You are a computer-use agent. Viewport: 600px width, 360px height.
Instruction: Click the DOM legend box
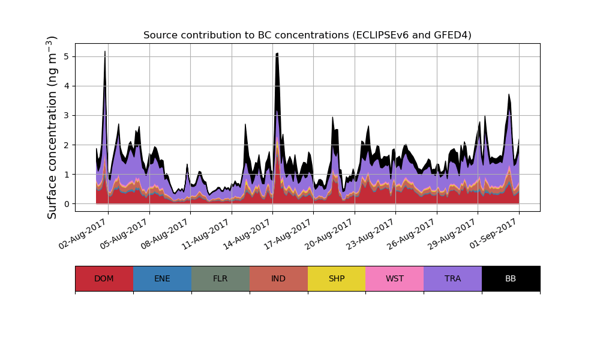[104, 278]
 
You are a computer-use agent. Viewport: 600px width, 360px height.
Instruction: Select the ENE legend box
[162, 278]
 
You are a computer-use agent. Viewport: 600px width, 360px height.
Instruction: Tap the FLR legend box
[220, 278]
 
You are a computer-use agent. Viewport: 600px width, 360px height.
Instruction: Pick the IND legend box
[278, 278]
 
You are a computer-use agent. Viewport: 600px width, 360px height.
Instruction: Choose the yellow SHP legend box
[337, 278]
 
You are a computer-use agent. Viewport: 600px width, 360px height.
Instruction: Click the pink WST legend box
[395, 278]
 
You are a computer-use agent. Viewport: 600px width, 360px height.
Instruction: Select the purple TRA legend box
[453, 278]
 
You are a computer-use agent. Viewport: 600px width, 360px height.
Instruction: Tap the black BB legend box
[511, 278]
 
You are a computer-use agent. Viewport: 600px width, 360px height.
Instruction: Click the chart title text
[307, 35]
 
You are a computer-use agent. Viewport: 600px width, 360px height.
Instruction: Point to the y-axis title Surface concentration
[52, 127]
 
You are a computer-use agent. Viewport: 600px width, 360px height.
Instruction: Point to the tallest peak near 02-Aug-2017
[105, 52]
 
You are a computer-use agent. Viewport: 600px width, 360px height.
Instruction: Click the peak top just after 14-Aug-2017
[277, 54]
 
